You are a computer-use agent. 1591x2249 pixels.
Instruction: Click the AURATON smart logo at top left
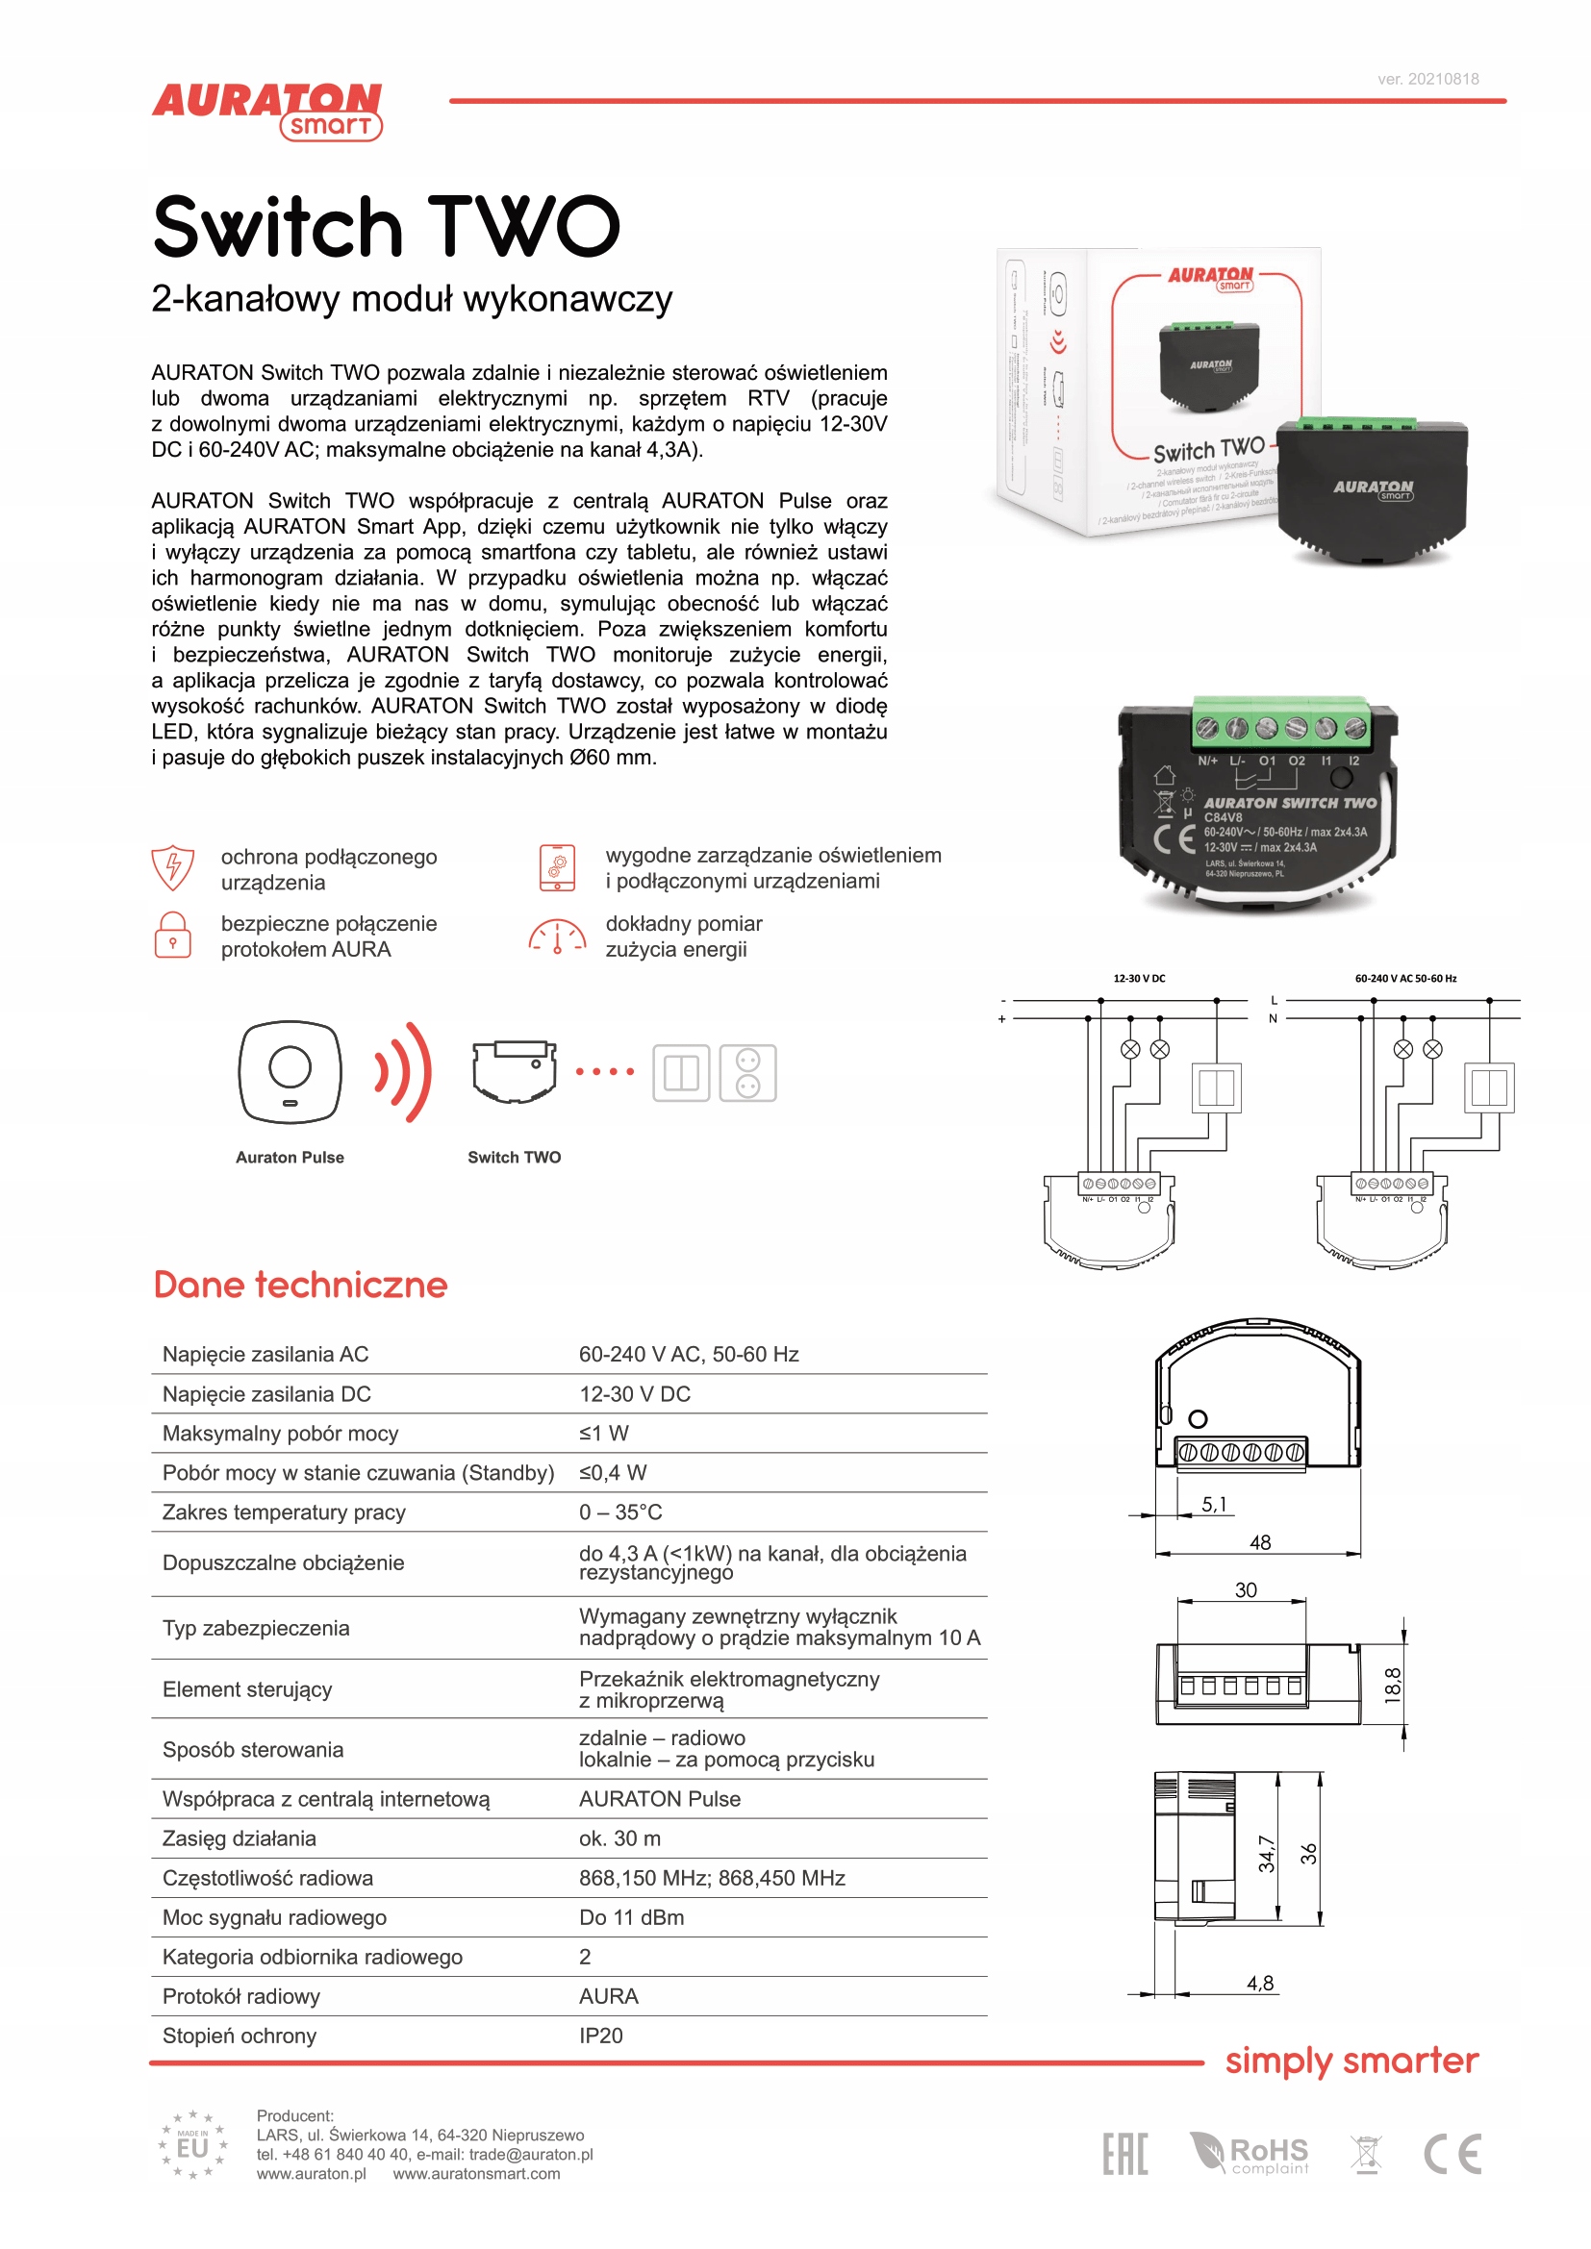click(x=266, y=110)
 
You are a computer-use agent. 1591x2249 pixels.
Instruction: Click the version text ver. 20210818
click(x=1427, y=80)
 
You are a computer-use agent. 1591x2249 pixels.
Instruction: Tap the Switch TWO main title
click(x=387, y=227)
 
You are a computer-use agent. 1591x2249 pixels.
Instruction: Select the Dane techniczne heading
click(x=300, y=1285)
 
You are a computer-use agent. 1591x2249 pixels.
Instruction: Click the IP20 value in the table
click(x=600, y=2036)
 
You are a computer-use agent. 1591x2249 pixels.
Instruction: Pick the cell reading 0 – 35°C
click(x=620, y=1512)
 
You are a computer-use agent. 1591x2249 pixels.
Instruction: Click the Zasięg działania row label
click(x=240, y=1837)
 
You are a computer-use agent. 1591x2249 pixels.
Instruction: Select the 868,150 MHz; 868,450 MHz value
click(x=711, y=1877)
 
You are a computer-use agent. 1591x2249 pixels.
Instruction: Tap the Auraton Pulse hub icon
click(x=290, y=1071)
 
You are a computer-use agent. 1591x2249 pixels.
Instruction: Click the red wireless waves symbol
click(x=405, y=1071)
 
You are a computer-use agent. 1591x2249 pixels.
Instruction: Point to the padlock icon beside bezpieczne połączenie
click(x=172, y=935)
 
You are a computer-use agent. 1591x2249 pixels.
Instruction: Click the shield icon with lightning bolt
click(x=172, y=867)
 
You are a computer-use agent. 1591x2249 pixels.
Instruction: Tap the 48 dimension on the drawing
click(x=1260, y=1541)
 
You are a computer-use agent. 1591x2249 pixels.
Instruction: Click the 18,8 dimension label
click(x=1392, y=1685)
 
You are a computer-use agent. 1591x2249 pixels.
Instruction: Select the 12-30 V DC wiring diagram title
click(x=1138, y=978)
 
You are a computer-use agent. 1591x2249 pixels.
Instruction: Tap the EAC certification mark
click(x=1124, y=2153)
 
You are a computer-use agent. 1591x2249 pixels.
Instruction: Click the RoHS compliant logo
click(x=1250, y=2153)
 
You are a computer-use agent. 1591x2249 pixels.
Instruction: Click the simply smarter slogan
click(x=1351, y=2060)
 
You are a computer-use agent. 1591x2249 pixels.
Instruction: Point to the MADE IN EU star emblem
click(x=192, y=2145)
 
